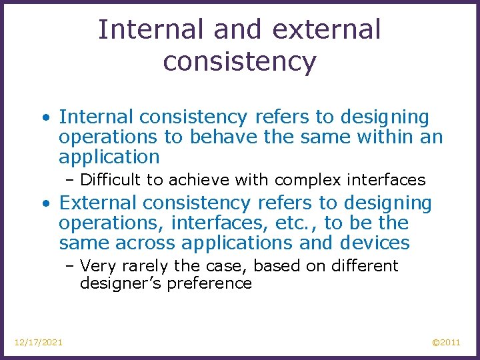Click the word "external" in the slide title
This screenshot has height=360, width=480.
click(327, 30)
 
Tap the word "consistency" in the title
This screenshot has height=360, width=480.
click(239, 61)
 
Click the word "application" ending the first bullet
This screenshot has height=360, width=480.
click(109, 157)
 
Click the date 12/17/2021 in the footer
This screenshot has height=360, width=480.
click(39, 342)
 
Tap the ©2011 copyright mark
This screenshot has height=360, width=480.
click(446, 342)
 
